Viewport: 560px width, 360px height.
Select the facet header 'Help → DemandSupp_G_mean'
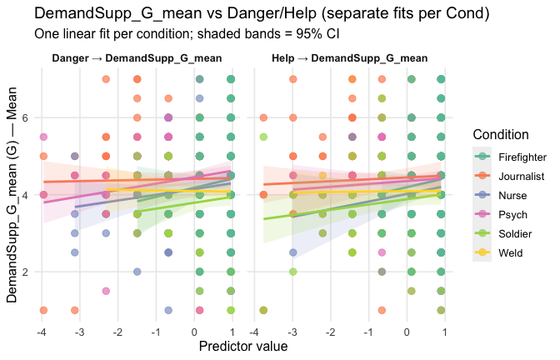point(350,59)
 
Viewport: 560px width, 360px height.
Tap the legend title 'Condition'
point(498,134)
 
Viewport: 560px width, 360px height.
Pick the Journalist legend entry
point(520,176)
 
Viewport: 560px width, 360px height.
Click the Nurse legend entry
point(512,195)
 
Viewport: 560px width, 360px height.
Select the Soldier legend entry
point(516,233)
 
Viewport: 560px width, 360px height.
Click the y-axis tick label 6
point(25,117)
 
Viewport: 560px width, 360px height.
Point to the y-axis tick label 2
point(25,272)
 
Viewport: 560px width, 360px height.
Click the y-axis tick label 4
point(25,195)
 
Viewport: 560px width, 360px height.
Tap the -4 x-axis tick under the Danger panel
point(42,332)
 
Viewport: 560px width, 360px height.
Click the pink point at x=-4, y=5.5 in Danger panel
point(43,137)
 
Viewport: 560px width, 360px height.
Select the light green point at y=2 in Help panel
point(293,272)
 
